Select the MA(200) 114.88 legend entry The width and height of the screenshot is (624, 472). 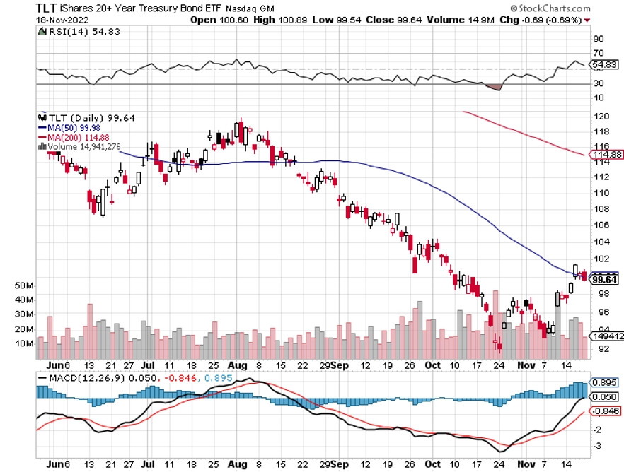(71, 136)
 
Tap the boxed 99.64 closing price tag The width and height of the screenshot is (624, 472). (605, 279)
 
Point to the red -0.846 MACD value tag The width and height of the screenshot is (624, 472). (605, 410)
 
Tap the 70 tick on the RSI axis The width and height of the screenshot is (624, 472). (599, 54)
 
